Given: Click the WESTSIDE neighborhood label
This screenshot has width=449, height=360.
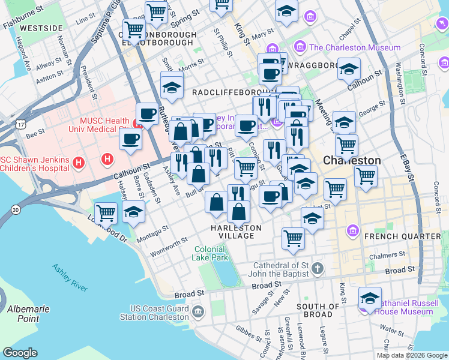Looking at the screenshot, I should [x=41, y=28].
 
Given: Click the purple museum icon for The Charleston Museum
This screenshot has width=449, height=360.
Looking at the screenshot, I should [x=300, y=47].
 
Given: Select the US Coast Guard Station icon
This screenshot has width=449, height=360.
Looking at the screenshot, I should [x=199, y=311].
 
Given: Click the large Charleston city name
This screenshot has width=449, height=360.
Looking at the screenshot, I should [x=352, y=161].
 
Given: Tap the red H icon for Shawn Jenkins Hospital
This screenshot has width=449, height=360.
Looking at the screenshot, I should [x=77, y=163].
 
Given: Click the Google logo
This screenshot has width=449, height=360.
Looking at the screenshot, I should [x=20, y=353].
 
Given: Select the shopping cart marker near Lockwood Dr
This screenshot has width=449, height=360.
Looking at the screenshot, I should [x=106, y=212].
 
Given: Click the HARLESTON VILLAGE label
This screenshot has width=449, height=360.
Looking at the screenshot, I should [x=236, y=232].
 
